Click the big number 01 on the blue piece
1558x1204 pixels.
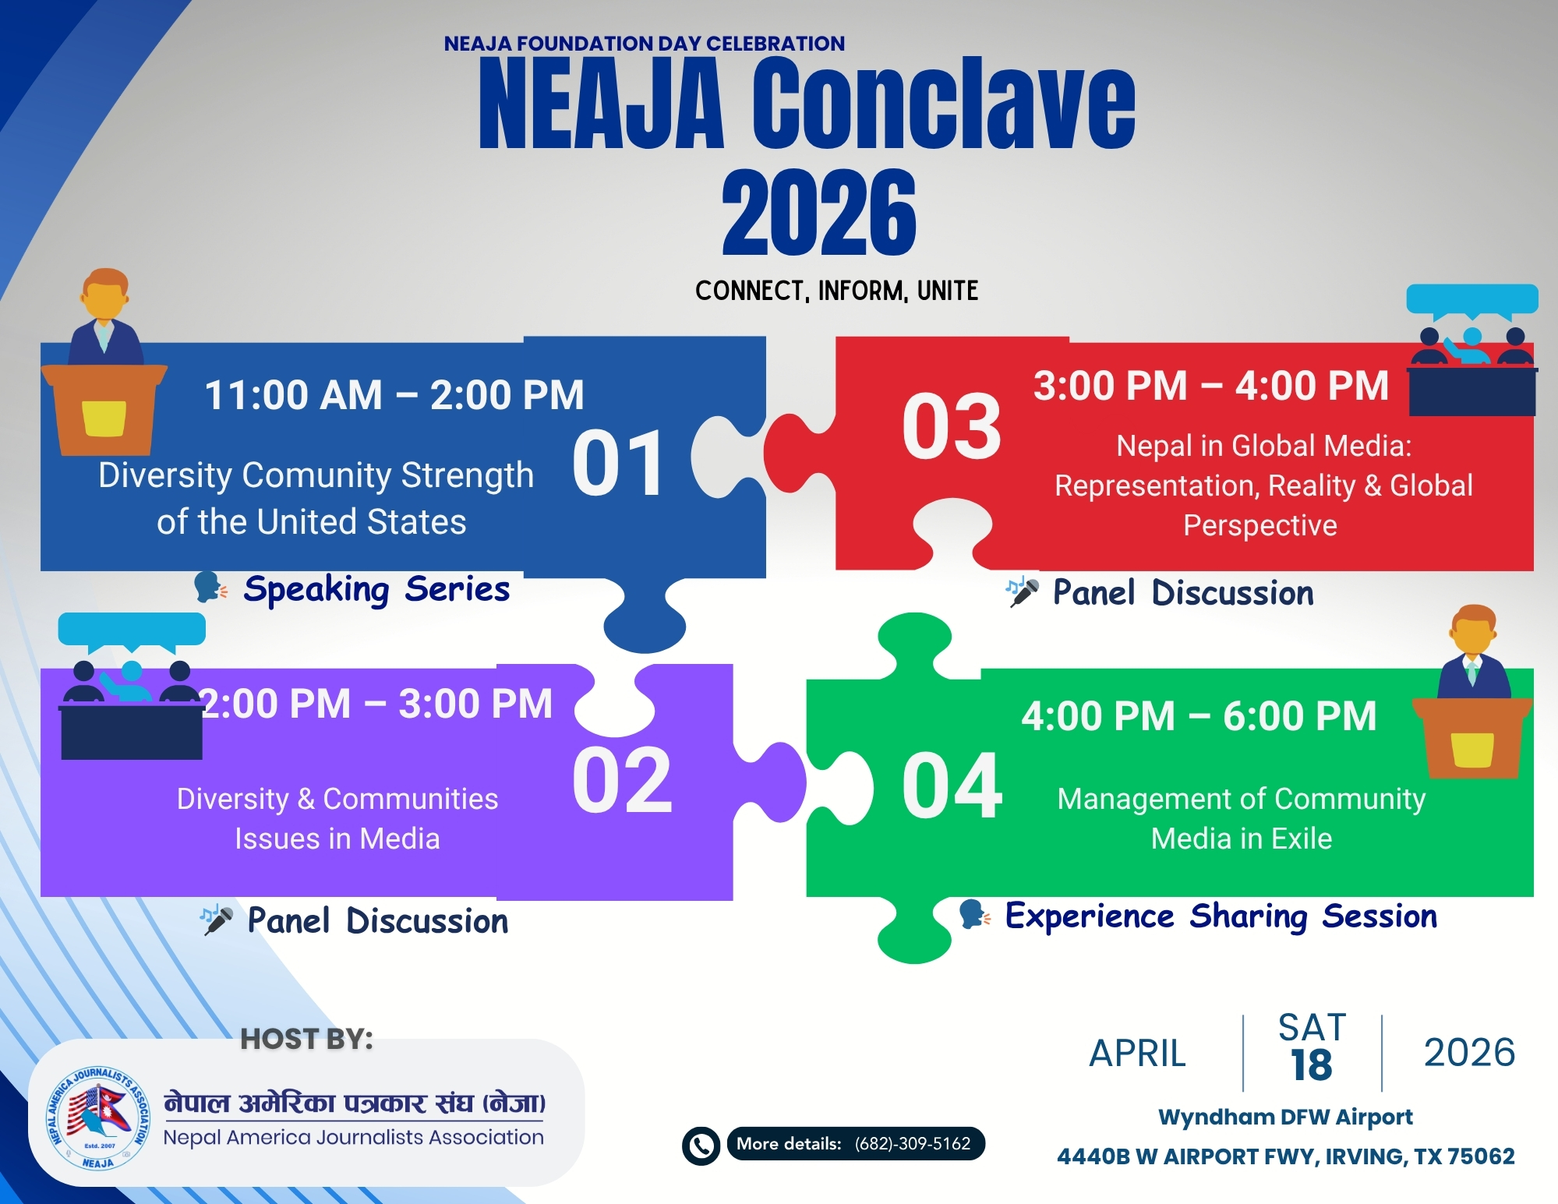coord(619,464)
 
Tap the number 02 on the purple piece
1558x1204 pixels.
coord(622,780)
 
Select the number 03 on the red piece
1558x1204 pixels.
coord(952,427)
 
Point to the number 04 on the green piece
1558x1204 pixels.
coord(952,786)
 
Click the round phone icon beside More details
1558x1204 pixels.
coord(701,1146)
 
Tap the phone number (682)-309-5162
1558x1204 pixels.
coord(912,1144)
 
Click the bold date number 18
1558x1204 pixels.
coord(1311,1065)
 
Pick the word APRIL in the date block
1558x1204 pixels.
coord(1137,1054)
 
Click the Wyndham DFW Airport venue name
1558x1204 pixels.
coord(1285,1117)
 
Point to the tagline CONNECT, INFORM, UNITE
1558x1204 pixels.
coord(836,291)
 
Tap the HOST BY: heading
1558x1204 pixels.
coord(306,1039)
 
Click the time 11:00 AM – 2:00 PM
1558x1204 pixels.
coord(394,395)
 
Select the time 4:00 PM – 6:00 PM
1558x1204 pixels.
coord(1199,716)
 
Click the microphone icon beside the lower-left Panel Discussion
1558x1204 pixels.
coord(217,920)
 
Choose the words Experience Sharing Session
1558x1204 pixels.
coord(1221,916)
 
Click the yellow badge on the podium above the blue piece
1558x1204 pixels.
coord(104,418)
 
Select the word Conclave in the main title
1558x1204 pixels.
coord(943,105)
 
